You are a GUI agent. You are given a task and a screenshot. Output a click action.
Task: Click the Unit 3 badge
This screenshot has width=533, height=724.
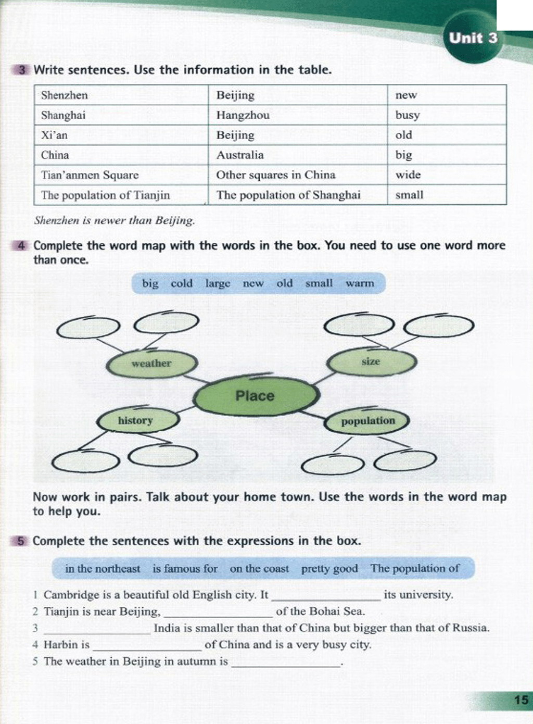473,38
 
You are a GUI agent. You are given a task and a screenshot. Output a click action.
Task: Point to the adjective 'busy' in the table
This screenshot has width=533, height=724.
407,115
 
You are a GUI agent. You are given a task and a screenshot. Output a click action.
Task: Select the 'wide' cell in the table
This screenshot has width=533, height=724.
408,175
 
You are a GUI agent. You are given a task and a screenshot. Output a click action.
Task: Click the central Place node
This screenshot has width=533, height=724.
255,396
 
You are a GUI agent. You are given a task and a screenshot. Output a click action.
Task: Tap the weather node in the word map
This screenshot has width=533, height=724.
151,364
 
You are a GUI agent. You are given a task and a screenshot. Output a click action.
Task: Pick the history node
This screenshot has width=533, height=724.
135,420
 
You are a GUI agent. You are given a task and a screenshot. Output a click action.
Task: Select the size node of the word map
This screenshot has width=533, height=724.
371,361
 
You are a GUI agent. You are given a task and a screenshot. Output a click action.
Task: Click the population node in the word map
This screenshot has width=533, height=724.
368,421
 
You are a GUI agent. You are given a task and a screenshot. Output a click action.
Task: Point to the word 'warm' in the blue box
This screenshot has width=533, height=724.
360,283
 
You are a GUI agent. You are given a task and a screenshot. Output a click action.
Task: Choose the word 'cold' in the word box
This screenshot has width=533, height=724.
182,283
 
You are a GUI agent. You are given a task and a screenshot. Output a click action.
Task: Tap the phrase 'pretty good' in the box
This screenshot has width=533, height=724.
329,568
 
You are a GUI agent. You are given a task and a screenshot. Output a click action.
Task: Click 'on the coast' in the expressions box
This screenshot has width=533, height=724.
259,568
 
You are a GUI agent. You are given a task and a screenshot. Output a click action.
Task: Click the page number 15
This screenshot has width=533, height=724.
521,700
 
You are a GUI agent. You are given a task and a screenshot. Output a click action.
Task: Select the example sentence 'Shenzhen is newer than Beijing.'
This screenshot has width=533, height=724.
115,220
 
